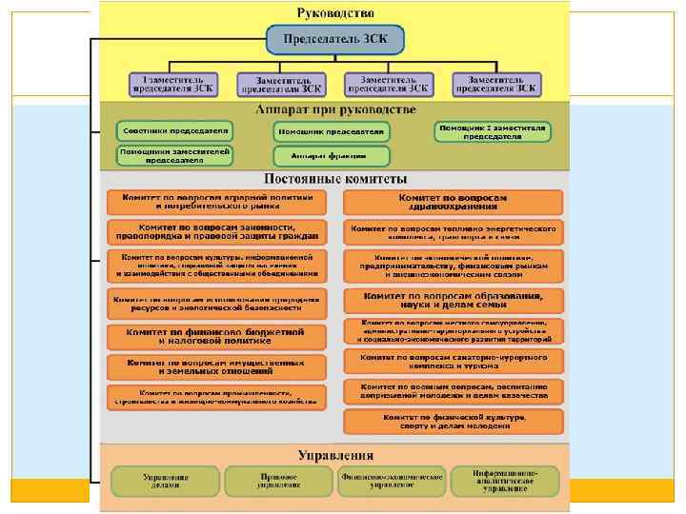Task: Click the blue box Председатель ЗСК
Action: pyautogui.click(x=334, y=39)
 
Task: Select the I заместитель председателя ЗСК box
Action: pyautogui.click(x=171, y=84)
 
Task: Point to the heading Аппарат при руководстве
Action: pyautogui.click(x=334, y=110)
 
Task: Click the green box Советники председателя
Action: pyautogui.click(x=173, y=129)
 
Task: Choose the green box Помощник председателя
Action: pyautogui.click(x=333, y=130)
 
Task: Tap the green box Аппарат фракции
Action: pyautogui.click(x=333, y=155)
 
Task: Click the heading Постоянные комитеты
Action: pyautogui.click(x=334, y=179)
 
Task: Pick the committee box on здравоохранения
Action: pyautogui.click(x=453, y=202)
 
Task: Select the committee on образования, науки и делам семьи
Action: pyautogui.click(x=453, y=301)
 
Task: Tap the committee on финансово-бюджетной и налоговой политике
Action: pyautogui.click(x=216, y=336)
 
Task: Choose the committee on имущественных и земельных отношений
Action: pyautogui.click(x=216, y=366)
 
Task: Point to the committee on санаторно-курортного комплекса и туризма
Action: pyautogui.click(x=453, y=361)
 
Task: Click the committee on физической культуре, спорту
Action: pyautogui.click(x=453, y=421)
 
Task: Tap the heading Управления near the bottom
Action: pyautogui.click(x=334, y=455)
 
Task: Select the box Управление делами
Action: pyautogui.click(x=166, y=481)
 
